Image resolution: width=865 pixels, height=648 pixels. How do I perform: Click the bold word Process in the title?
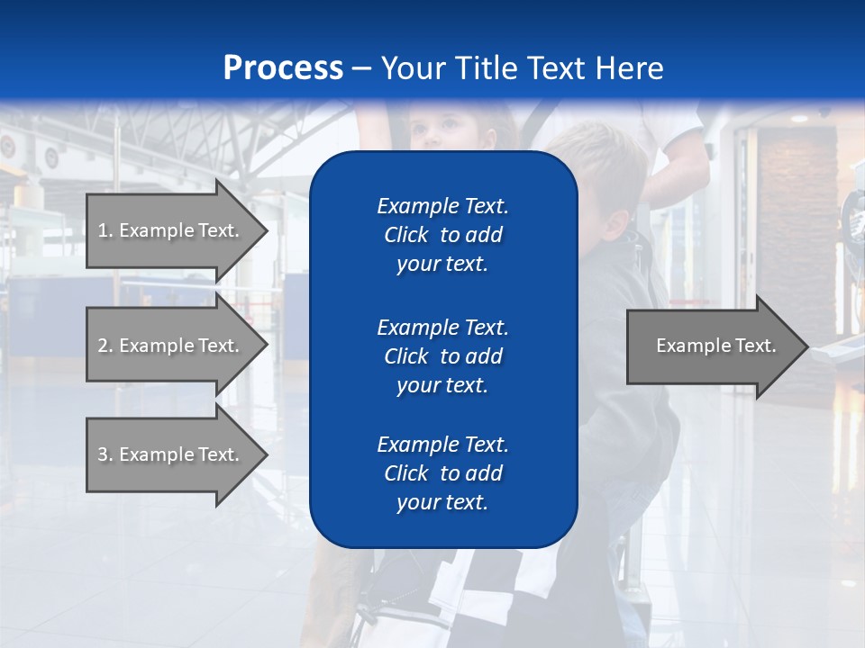coord(283,68)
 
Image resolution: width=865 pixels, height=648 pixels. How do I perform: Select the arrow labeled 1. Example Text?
coord(171,230)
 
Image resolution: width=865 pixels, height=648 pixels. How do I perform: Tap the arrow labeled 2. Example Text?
coord(171,346)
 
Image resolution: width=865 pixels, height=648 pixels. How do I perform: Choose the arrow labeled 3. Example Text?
coord(171,454)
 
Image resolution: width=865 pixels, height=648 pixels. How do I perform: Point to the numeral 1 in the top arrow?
coord(103,230)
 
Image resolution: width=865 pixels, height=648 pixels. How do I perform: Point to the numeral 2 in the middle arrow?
coord(103,346)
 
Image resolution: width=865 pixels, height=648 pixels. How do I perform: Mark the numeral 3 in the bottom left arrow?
coord(103,454)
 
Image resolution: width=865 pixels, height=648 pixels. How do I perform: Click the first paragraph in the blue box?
coord(442,235)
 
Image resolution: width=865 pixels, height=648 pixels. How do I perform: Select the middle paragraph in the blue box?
coord(442,355)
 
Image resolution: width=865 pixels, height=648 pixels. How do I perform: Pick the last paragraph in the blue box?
coord(442,473)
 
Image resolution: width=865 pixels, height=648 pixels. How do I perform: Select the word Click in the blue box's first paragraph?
coord(405,235)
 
